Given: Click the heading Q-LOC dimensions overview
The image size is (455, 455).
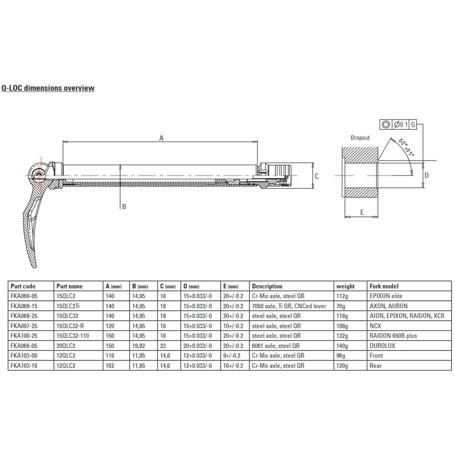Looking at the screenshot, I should (x=48, y=88).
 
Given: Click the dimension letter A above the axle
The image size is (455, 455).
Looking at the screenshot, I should (x=161, y=138).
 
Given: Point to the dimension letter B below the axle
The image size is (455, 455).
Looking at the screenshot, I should (x=124, y=207).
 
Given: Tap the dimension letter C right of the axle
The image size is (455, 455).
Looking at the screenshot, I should (x=317, y=176).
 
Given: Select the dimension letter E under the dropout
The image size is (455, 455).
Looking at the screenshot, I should (x=362, y=212).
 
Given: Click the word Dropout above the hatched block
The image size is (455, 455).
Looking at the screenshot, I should (x=360, y=138).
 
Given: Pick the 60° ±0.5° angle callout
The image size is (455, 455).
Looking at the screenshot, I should (x=406, y=147).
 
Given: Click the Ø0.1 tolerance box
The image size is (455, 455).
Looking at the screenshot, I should (x=401, y=124).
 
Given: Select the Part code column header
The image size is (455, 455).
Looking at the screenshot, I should (x=23, y=286).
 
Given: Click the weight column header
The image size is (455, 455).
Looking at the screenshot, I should (x=345, y=286).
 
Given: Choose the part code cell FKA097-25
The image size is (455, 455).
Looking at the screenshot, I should (x=24, y=326).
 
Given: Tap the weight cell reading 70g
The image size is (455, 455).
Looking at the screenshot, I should (x=341, y=306).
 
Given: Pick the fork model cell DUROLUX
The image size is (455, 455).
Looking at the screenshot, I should (x=382, y=346).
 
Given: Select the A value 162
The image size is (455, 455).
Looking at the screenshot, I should (x=110, y=366).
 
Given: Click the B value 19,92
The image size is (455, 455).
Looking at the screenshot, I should (x=139, y=346).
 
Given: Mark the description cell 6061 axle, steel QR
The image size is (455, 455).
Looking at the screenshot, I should (x=276, y=346).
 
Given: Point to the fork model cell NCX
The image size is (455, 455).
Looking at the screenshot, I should (x=375, y=326).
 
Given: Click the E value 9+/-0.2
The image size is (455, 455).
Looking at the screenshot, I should (x=232, y=355).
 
